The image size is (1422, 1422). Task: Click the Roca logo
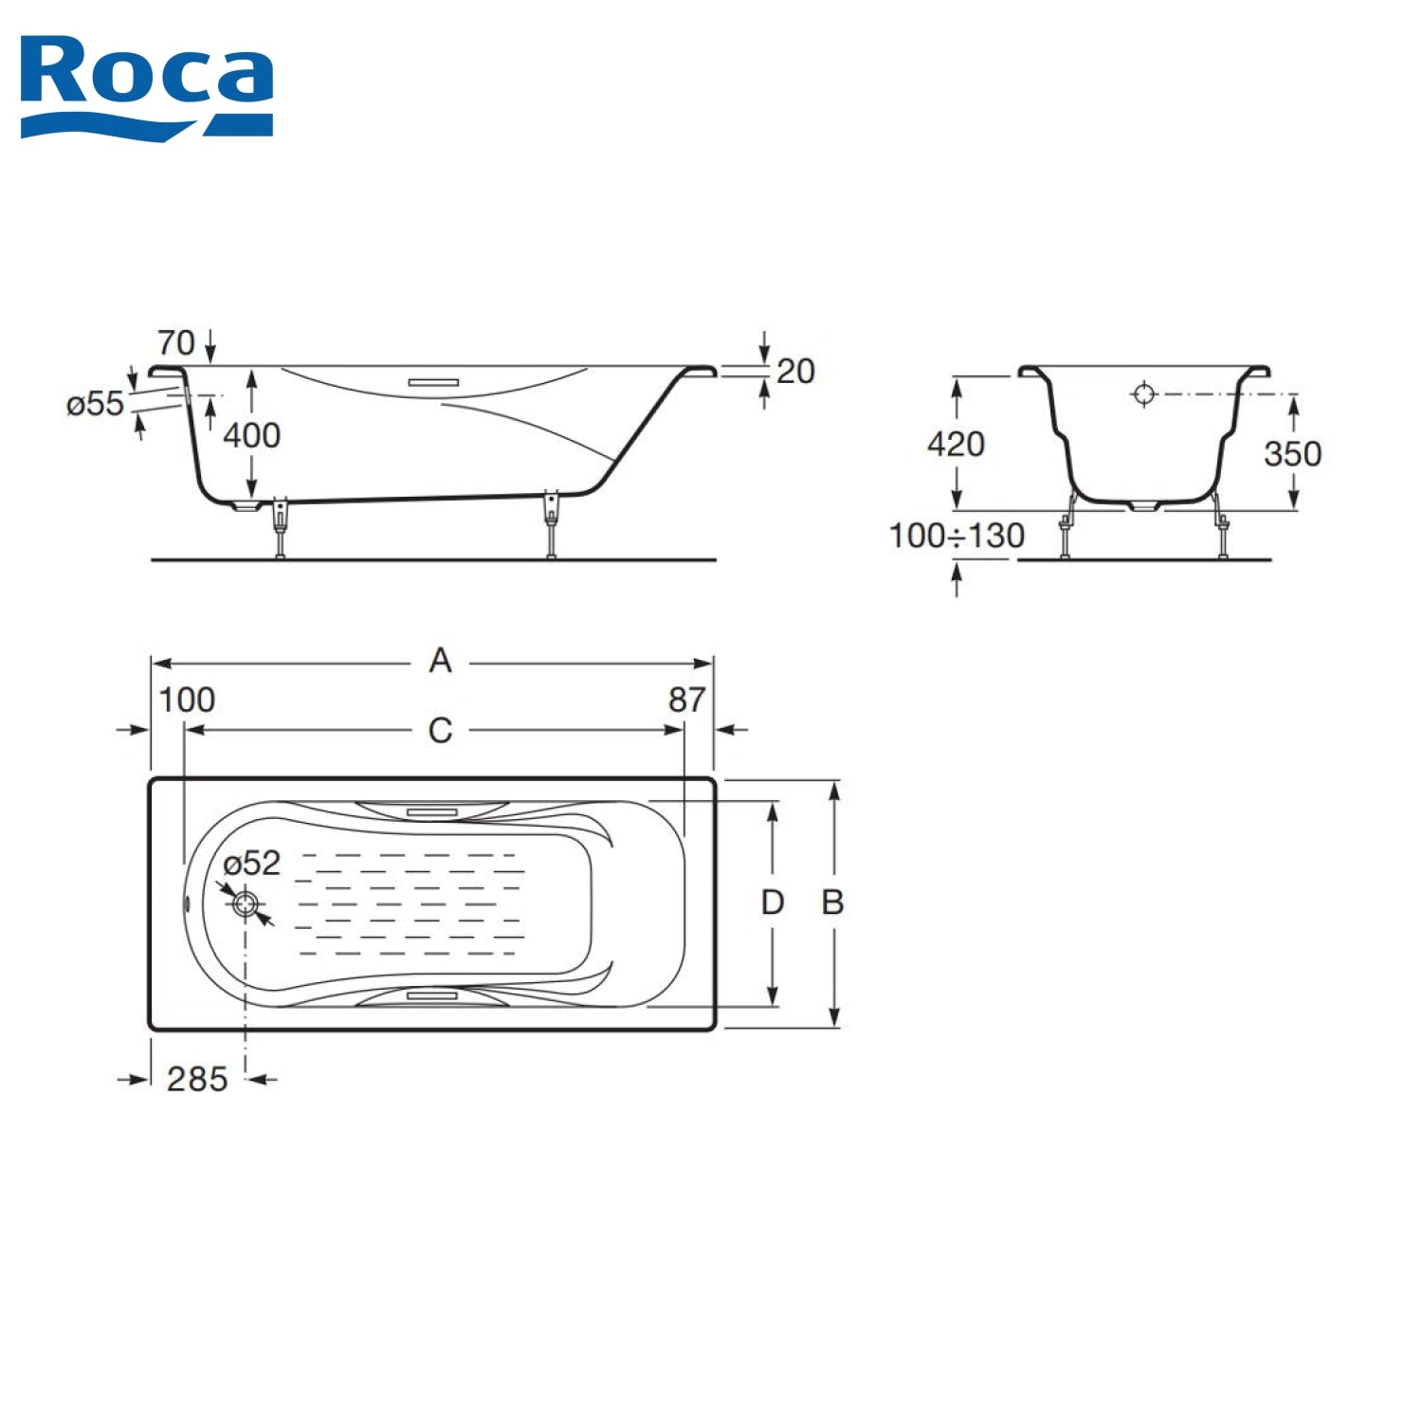tap(147, 87)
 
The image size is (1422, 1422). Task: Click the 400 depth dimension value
tap(251, 435)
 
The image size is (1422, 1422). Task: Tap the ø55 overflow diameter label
tap(95, 404)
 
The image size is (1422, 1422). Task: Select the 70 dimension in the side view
tap(175, 342)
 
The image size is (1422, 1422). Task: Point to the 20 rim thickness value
tap(795, 371)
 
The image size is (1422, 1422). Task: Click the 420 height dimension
tap(956, 444)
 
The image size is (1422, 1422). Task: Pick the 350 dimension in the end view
tap(1292, 453)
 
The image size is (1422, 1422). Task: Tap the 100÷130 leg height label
tap(957, 536)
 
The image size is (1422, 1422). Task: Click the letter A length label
tap(440, 660)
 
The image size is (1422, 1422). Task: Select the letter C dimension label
tap(440, 730)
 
